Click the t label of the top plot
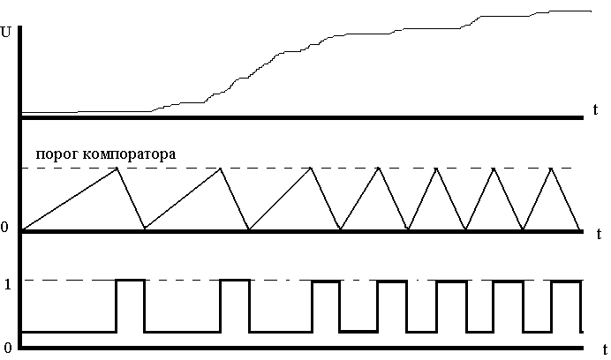tap(598, 109)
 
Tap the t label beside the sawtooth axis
tap(598, 227)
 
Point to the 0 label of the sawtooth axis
tap(5, 229)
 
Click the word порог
tap(57, 154)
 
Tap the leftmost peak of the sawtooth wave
tap(117, 168)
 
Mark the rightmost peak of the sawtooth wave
tap(553, 168)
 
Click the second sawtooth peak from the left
tap(219, 168)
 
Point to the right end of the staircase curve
tap(590, 11)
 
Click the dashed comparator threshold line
tap(353, 168)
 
